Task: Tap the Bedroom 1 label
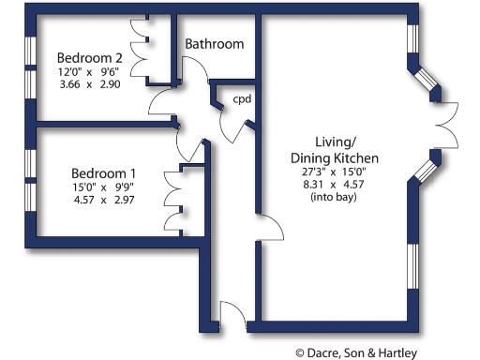[x=105, y=173]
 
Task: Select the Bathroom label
[x=214, y=44]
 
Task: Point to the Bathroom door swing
[x=195, y=70]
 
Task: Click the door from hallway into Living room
[x=270, y=230]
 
